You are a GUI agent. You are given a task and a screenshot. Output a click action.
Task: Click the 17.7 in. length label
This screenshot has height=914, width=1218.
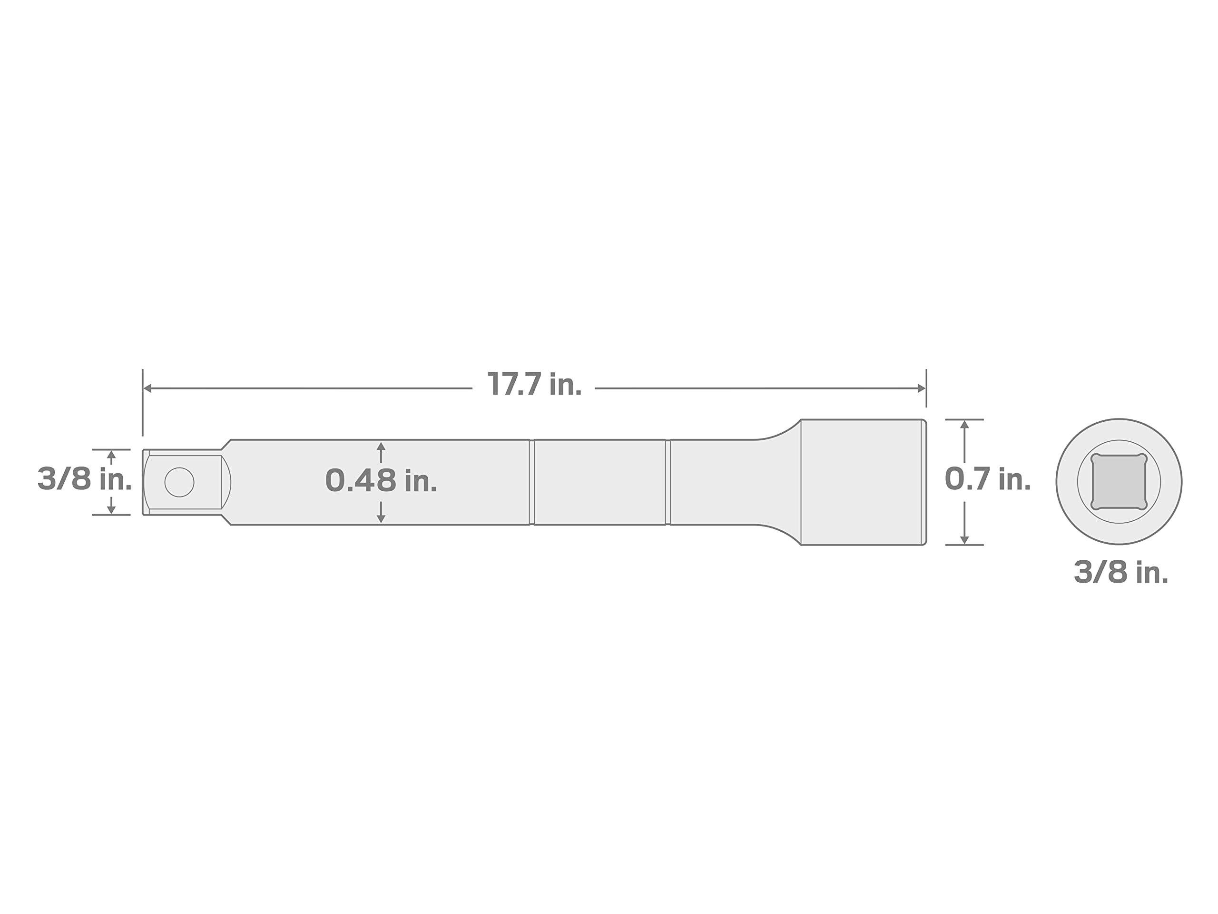click(534, 384)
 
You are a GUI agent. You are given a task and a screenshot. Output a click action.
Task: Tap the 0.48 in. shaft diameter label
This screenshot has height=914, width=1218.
click(381, 480)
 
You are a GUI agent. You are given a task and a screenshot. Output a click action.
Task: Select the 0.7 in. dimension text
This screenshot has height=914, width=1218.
click(988, 479)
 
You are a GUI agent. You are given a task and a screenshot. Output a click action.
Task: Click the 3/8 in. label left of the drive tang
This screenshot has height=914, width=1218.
click(84, 479)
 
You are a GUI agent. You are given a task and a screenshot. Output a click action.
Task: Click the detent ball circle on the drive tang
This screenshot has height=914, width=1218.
click(179, 482)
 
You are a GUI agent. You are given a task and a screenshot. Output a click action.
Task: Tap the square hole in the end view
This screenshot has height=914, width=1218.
click(1119, 482)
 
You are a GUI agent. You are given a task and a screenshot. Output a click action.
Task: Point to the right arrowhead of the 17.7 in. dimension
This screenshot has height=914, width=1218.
click(921, 388)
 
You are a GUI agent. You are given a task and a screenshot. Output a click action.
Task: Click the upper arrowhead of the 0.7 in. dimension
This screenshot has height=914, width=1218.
click(964, 425)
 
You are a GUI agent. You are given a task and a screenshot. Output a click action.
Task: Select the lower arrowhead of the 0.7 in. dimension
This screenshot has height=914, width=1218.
click(964, 540)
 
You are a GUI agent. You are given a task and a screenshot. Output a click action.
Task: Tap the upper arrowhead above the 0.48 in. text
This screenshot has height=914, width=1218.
click(381, 446)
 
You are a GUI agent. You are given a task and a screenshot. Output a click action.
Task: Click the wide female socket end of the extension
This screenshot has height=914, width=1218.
click(862, 482)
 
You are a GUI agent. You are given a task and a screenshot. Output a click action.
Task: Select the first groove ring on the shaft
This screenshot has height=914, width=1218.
click(532, 482)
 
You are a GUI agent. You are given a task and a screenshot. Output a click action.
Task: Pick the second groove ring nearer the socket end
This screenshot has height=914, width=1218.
click(668, 482)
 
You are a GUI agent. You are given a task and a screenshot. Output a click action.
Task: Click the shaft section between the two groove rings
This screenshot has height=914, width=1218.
click(599, 482)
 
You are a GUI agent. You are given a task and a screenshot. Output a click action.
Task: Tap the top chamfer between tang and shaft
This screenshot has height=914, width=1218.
click(226, 445)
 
